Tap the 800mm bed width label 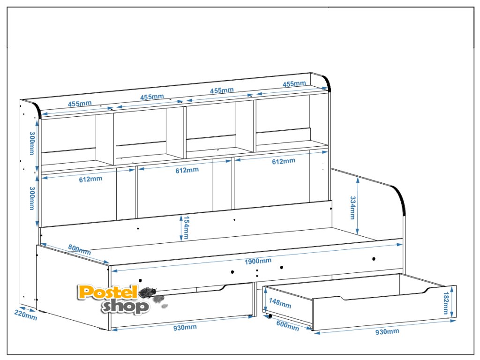79,249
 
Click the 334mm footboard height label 353,208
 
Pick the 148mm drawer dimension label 279,304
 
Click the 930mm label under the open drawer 387,332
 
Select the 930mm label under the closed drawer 185,327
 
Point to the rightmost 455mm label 294,83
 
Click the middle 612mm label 187,170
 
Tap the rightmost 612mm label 284,161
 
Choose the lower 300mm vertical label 32,198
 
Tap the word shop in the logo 125,307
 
